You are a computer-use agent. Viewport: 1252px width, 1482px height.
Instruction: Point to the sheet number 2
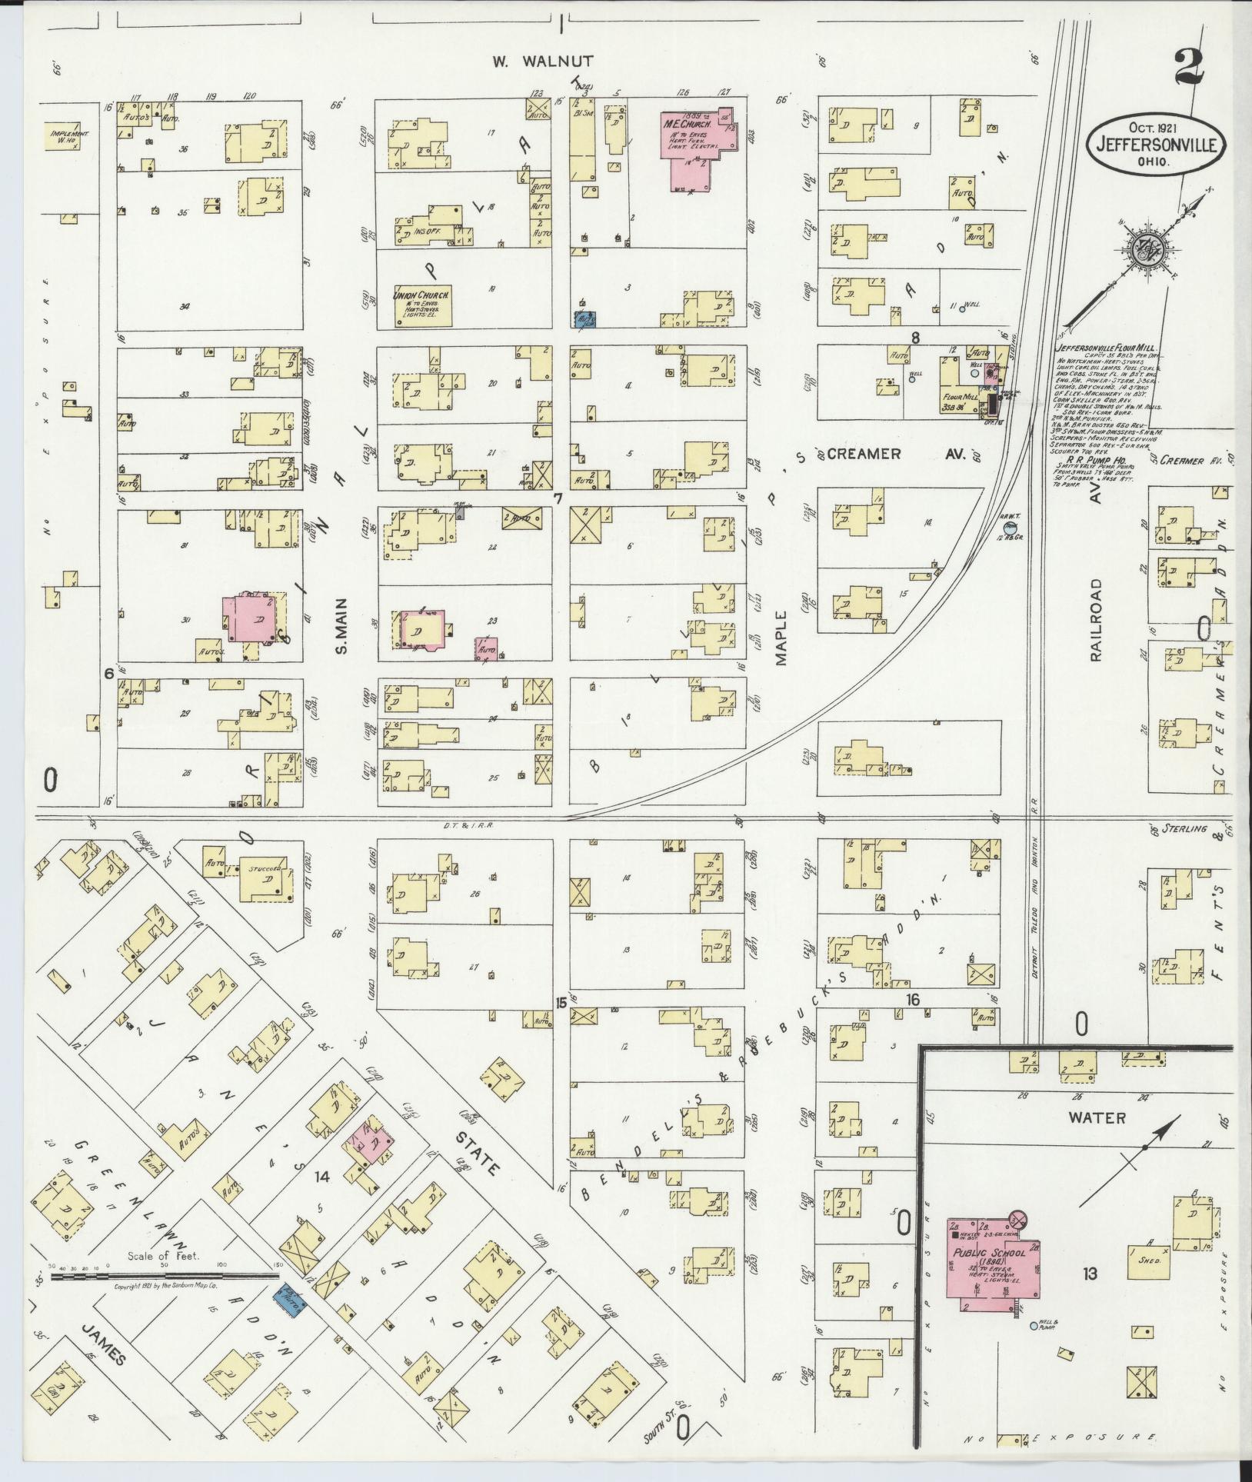(1189, 73)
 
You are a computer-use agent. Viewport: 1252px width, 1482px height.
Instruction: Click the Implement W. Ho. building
(69, 136)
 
